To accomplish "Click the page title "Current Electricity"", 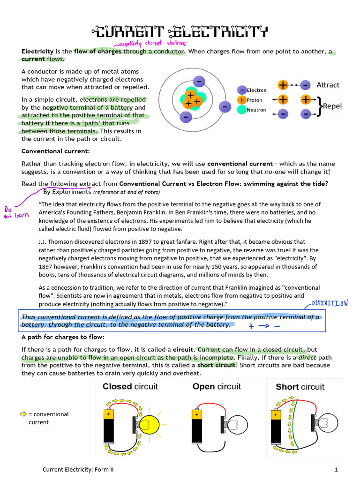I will pyautogui.click(x=180, y=31).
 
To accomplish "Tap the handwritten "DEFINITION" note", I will pyautogui.click(x=330, y=303).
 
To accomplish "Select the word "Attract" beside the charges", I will pyautogui.click(x=328, y=85).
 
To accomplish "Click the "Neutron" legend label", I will pyautogui.click(x=256, y=110).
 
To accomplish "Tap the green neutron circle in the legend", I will pyautogui.click(x=241, y=110).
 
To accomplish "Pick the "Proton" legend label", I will pyautogui.click(x=255, y=100).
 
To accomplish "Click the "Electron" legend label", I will pyautogui.click(x=256, y=90).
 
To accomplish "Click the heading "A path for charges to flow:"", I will pyautogui.click(x=63, y=337).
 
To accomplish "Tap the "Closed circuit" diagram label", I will pyautogui.click(x=130, y=387).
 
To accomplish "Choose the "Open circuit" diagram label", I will pyautogui.click(x=217, y=387).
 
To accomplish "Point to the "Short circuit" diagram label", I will pyautogui.click(x=300, y=387).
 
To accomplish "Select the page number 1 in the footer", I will pyautogui.click(x=336, y=469).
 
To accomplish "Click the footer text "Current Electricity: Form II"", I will pyautogui.click(x=78, y=469).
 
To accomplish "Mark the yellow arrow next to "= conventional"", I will pyautogui.click(x=23, y=414).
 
